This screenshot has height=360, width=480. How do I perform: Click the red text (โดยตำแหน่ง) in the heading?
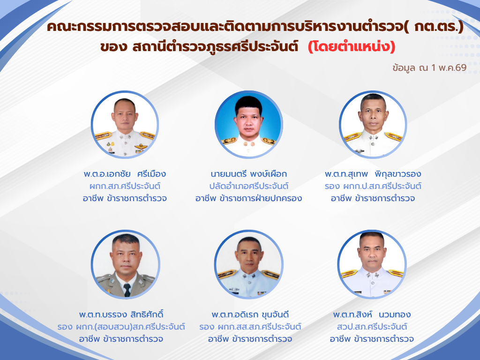point(352,47)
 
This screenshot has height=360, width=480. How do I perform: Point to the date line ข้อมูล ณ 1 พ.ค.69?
point(429,67)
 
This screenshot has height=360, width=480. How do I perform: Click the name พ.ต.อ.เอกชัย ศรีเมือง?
point(125,174)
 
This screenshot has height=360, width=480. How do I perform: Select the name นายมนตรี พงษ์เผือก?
point(249,174)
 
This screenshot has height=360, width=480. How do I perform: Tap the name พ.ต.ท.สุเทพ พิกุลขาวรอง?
point(373,174)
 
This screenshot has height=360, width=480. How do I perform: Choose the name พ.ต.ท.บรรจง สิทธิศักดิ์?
point(121,315)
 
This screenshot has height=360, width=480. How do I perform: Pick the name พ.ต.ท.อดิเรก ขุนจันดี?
point(250,315)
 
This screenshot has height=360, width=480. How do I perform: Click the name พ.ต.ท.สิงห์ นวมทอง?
point(372,315)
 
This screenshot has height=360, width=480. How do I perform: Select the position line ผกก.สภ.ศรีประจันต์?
point(125,186)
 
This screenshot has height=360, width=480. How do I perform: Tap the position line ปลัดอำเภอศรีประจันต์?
point(249,186)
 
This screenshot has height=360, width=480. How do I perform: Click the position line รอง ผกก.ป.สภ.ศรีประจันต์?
point(373,186)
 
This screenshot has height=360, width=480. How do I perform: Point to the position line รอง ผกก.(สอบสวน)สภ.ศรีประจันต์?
point(121,327)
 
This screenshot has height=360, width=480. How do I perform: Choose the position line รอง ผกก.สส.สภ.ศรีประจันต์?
point(250,327)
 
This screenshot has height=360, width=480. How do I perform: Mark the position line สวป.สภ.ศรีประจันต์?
point(372,327)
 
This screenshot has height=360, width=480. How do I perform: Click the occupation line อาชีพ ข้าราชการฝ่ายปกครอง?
point(249,198)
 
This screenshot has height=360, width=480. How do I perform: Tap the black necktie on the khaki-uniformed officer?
point(127,290)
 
